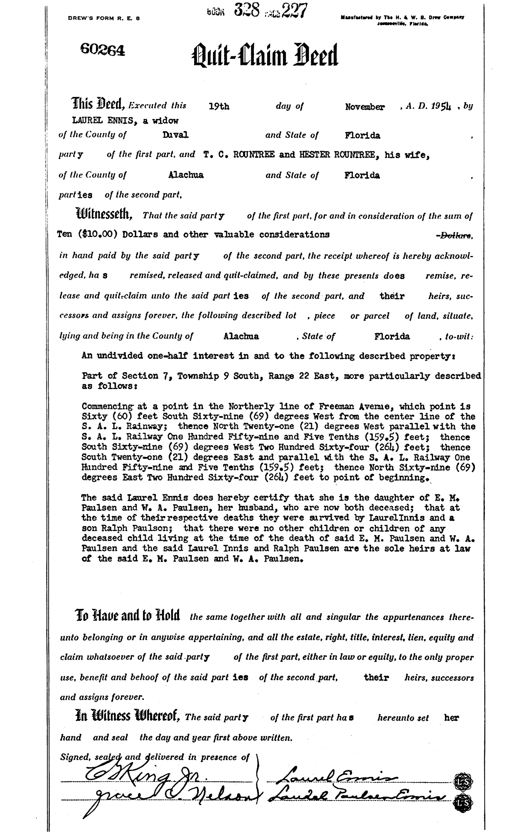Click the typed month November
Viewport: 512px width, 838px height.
tap(364, 107)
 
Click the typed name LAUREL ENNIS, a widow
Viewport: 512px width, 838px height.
tap(125, 121)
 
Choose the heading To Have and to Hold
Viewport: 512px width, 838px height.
tap(127, 616)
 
